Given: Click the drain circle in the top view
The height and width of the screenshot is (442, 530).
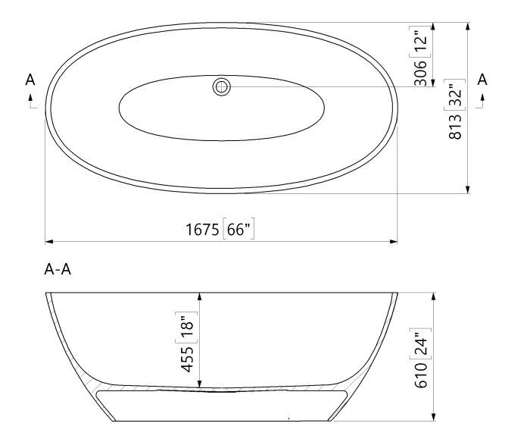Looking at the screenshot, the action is click(222, 87).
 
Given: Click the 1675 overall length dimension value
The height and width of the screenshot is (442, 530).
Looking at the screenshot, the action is click(202, 230).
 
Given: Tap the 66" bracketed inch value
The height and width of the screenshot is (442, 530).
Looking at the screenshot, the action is click(238, 229).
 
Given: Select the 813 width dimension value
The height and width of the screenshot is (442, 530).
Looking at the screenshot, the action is click(456, 127).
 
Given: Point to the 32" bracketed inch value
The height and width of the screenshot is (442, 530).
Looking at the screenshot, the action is click(455, 95).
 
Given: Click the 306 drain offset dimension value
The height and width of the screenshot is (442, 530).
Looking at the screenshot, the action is click(421, 73).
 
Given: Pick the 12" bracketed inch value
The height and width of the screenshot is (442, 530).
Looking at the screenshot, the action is click(420, 40).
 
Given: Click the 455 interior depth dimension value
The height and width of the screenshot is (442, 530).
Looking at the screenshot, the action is click(187, 359).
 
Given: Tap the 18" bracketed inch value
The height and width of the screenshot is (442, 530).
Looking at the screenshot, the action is click(186, 326).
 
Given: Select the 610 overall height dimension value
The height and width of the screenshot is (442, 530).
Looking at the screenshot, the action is click(421, 375).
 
